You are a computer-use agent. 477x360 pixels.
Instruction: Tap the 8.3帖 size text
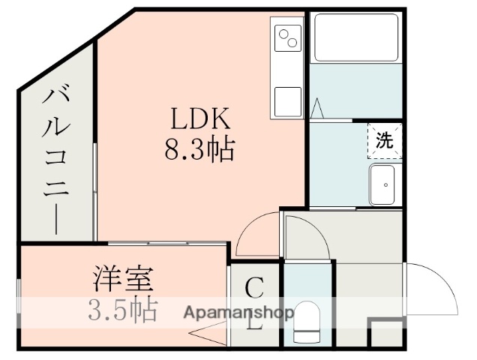tap(199, 151)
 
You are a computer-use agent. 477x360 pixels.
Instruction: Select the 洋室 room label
tap(124, 279)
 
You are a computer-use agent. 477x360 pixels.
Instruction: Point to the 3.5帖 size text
tap(124, 309)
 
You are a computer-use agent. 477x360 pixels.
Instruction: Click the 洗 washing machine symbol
tap(383, 140)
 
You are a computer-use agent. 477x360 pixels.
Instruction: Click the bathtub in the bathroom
tap(355, 37)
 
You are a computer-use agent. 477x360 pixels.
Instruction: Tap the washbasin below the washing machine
tap(383, 182)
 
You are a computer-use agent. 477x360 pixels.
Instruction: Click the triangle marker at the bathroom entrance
tap(317, 109)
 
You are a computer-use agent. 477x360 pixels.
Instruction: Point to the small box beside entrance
tap(387, 333)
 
